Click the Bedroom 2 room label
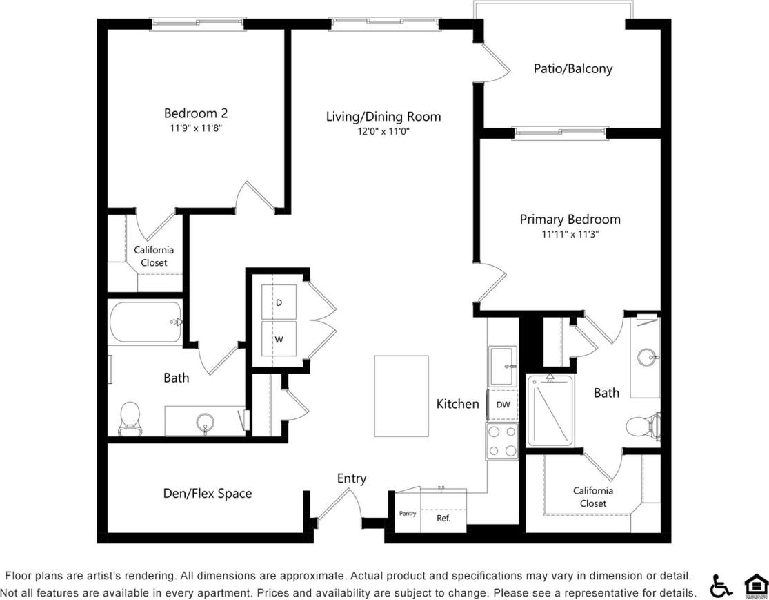tap(196, 113)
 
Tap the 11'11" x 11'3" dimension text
tap(570, 235)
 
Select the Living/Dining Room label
tap(383, 117)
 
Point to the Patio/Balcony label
tap(572, 68)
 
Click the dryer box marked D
tap(279, 302)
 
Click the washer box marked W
tap(279, 339)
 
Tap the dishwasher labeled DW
tap(503, 405)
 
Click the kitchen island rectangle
tap(401, 396)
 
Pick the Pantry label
tap(408, 513)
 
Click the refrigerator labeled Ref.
tap(443, 518)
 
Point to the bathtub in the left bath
tap(146, 322)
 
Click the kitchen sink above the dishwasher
tap(503, 366)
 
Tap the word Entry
tap(352, 478)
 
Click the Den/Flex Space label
tap(207, 494)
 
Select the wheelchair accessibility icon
tap(721, 586)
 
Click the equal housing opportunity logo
tap(755, 586)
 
